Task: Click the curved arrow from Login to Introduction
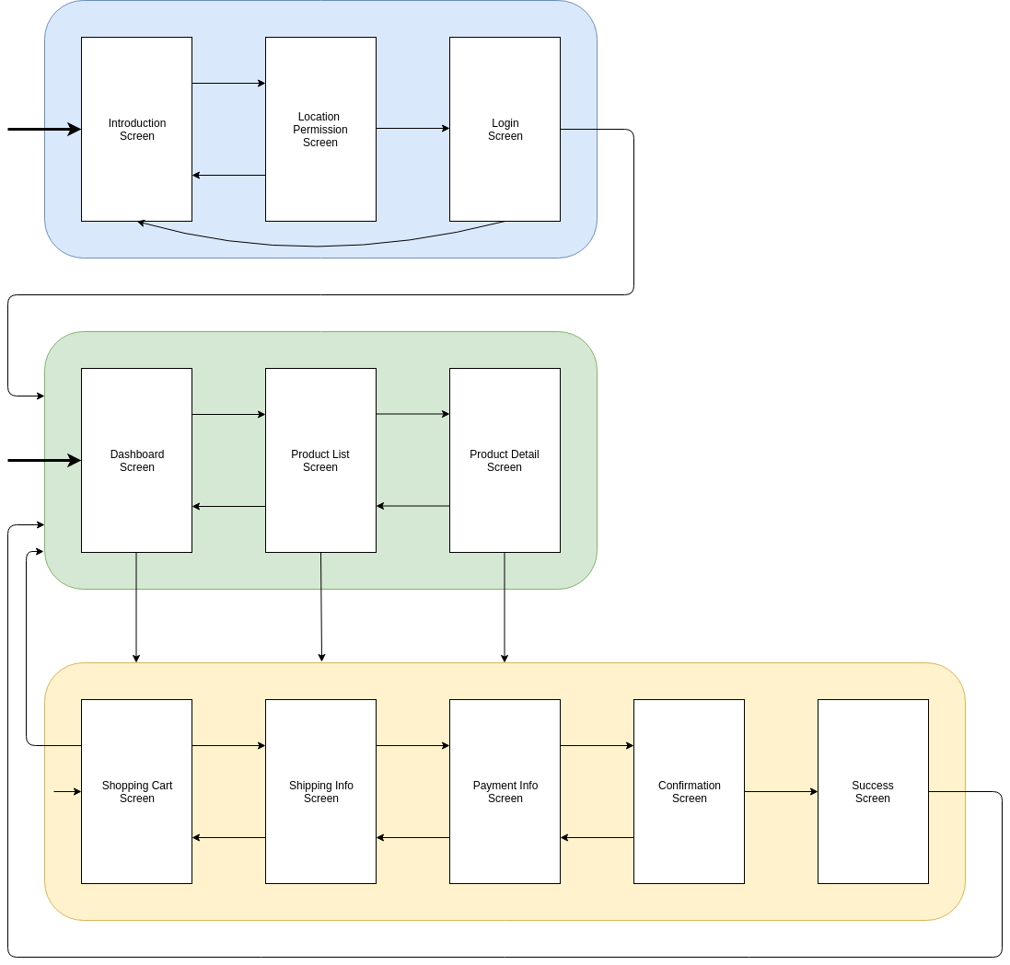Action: (318, 246)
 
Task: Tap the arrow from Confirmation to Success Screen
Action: (781, 791)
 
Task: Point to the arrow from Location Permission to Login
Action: (412, 129)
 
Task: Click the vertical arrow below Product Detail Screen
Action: (505, 607)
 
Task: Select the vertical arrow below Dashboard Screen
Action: (136, 607)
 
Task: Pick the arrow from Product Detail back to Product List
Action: (412, 506)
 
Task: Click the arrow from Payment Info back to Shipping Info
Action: (412, 837)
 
